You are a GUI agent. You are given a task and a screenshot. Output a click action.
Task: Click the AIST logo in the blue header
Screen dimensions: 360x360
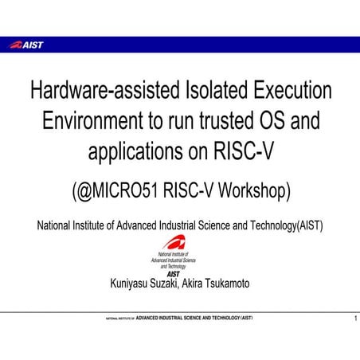[26, 45]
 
